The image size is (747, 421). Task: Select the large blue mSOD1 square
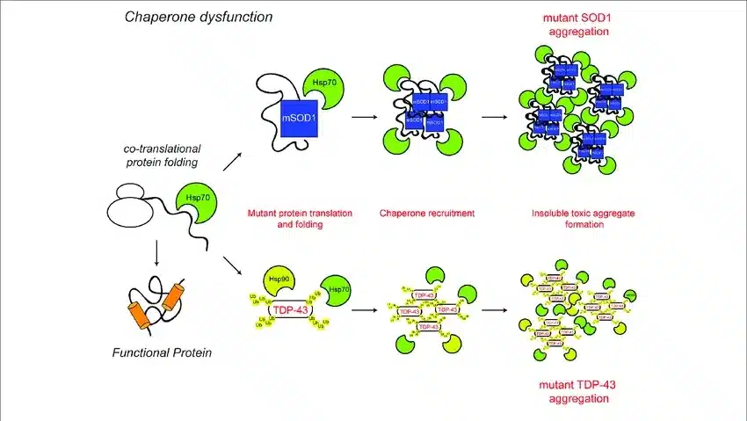tap(298, 118)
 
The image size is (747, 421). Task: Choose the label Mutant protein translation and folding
tap(289, 219)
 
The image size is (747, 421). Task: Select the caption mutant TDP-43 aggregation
tap(577, 392)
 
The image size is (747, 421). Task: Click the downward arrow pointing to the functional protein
tap(156, 253)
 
